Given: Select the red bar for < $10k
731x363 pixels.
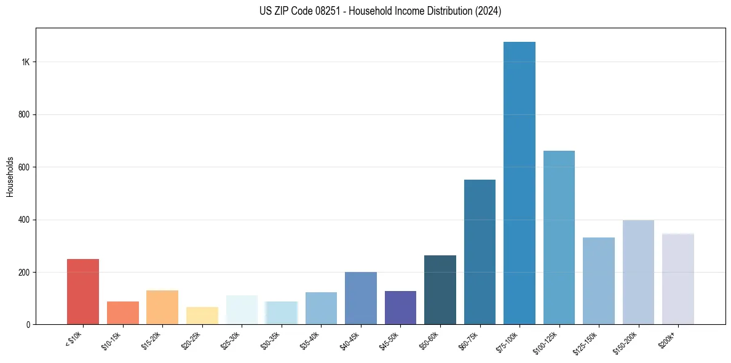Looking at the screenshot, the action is tap(83, 292).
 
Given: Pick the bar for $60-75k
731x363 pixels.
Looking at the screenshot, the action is tap(480, 252).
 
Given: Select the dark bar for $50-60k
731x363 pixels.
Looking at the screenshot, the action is tap(440, 290).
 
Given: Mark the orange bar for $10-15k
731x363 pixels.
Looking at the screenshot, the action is tap(123, 313).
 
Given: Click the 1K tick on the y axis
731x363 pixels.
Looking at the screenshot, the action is tap(25, 62).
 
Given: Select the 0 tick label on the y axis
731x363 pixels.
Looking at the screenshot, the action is tap(29, 324).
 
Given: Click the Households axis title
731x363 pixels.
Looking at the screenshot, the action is tap(10, 176).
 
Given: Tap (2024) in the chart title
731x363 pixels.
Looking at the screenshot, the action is tap(488, 11).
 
